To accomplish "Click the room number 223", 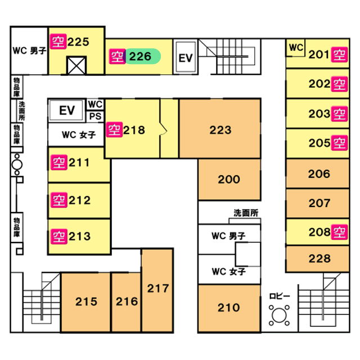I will pos(220,130).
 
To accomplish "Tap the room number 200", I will pos(229,179).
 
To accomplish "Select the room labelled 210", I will pos(229,308).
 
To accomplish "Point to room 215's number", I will pos(86,301).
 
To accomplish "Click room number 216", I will pos(127,301).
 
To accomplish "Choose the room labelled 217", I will pos(158,289).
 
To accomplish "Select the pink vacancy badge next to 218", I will pos(114,130).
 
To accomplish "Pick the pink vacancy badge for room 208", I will pos(339,231).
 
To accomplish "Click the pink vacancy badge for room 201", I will pos(339,55).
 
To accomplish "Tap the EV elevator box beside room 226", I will pos(186,57).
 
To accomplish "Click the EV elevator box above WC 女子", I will pos(67,110).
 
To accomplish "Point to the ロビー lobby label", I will pos(280,296).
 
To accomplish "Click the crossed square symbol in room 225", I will pos(75,66).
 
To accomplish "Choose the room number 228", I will pos(319,259).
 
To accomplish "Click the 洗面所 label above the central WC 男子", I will pos(246,213).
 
